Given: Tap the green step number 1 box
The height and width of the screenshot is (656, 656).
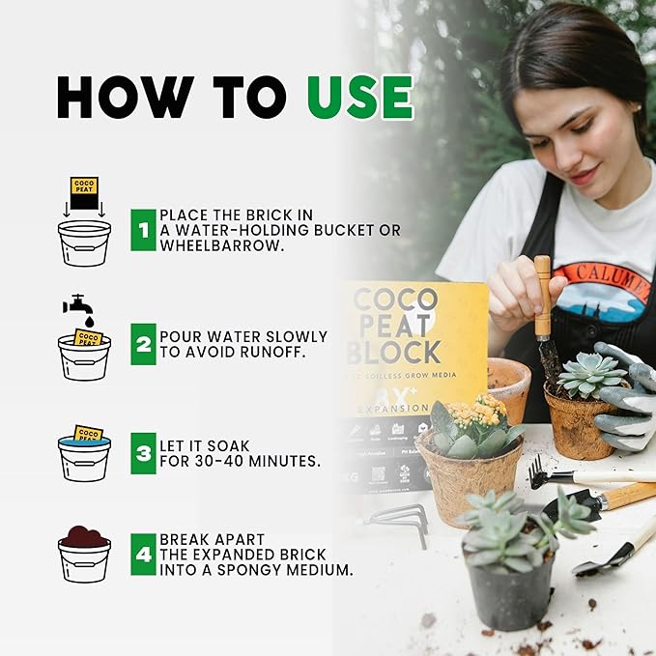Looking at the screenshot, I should coord(143,230).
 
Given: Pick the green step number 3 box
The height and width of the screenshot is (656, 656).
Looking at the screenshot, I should coord(143,451).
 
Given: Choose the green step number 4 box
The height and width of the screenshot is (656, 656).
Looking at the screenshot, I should coord(143,555).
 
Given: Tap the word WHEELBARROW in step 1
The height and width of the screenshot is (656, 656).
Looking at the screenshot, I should coord(208,245).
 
